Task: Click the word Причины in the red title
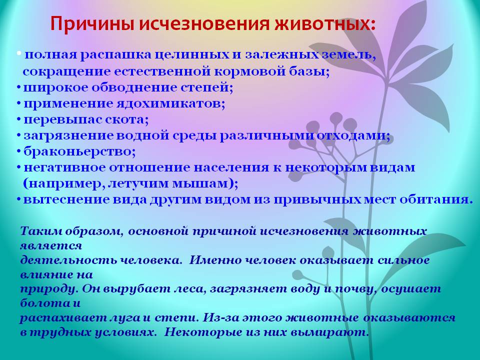(x=92, y=23)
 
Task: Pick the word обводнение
(x=134, y=88)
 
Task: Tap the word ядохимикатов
(x=170, y=104)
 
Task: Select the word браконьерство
(x=79, y=152)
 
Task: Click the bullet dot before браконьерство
(x=19, y=151)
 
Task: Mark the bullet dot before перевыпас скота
(x=19, y=119)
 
